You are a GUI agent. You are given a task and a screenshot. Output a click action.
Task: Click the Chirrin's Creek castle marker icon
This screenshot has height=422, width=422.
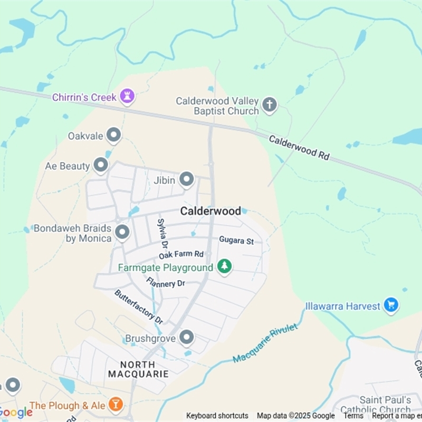click(127, 97)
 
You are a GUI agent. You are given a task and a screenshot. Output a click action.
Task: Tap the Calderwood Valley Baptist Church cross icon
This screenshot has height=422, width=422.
click(270, 105)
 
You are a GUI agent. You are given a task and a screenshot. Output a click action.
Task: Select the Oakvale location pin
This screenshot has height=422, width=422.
click(113, 136)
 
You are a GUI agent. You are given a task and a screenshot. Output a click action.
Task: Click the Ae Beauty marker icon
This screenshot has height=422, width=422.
click(101, 166)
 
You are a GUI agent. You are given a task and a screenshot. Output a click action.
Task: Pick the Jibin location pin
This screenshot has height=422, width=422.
click(186, 180)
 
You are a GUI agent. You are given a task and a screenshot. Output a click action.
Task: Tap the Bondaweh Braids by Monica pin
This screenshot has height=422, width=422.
click(122, 232)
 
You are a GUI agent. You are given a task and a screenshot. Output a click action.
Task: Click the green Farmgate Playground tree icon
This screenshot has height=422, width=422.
click(225, 267)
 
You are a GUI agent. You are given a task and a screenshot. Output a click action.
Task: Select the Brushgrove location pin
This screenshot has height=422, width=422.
click(186, 337)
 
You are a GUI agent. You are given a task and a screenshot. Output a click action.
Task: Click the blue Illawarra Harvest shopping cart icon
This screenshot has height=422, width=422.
click(391, 305)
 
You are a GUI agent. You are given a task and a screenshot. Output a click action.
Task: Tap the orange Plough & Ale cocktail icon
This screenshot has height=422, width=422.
click(115, 405)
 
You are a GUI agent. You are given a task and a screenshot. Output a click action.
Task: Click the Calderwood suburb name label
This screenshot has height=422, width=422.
click(210, 211)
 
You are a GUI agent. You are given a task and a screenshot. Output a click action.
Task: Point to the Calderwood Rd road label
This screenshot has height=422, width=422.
click(299, 148)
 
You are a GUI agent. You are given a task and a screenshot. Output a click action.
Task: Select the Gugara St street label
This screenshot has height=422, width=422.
click(236, 241)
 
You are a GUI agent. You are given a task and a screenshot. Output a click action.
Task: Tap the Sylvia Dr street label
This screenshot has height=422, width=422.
click(162, 234)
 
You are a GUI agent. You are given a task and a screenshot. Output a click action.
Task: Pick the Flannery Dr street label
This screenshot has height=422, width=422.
click(166, 283)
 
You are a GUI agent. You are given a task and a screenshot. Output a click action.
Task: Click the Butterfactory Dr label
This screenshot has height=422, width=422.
click(139, 306)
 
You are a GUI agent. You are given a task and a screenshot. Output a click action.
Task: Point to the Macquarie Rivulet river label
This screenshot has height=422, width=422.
click(265, 343)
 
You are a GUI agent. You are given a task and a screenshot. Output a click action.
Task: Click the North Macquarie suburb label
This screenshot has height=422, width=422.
click(138, 369)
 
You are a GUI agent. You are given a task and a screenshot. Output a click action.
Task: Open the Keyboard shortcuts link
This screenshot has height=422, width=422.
click(217, 416)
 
